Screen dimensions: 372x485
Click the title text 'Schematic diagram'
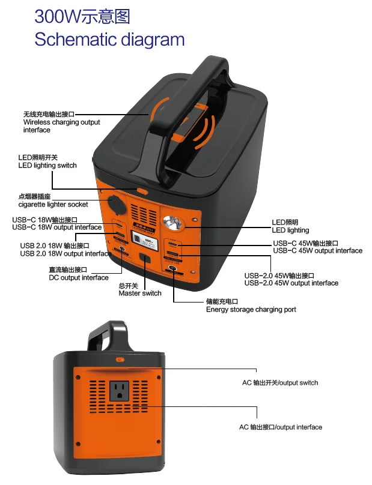109,40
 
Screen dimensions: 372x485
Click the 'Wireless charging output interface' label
61,122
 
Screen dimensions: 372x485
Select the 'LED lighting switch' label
47,165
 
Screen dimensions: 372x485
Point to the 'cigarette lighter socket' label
53,204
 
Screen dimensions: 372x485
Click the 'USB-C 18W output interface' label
56,227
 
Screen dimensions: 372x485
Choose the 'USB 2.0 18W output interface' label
66,253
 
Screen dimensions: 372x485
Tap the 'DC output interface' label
79,277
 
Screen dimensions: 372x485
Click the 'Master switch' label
140,293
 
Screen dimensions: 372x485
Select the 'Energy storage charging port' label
251,310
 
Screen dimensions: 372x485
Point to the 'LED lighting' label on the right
290,230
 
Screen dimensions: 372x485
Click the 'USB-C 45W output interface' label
317,250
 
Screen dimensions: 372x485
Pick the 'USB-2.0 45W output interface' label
291,283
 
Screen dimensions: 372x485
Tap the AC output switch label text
280,382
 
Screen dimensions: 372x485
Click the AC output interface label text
280,427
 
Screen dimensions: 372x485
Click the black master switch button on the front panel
145,259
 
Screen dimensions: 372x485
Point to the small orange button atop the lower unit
120,359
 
